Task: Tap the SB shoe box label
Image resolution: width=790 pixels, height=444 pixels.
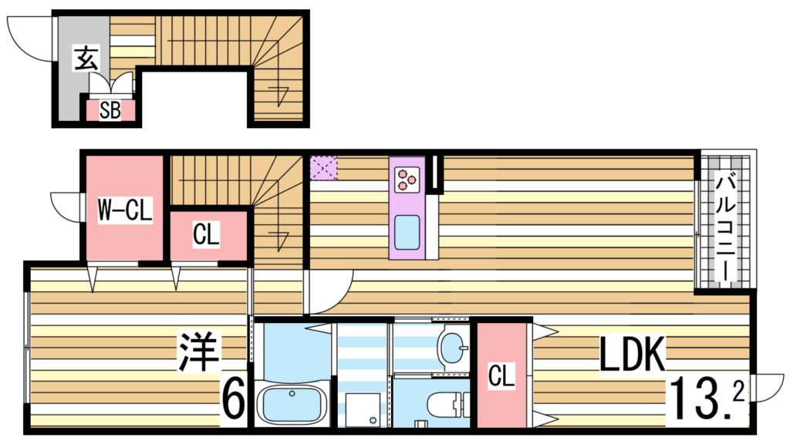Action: [110, 111]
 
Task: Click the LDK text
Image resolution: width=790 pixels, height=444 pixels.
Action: [633, 356]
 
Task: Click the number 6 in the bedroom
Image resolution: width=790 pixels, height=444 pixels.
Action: [234, 399]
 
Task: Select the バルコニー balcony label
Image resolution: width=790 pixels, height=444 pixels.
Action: [724, 227]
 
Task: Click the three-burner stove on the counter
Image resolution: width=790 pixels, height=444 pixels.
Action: [407, 179]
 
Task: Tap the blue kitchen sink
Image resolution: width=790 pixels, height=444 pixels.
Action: [407, 229]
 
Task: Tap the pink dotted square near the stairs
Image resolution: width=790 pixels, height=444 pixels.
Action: [323, 167]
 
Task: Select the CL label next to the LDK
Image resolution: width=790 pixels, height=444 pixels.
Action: [502, 378]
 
